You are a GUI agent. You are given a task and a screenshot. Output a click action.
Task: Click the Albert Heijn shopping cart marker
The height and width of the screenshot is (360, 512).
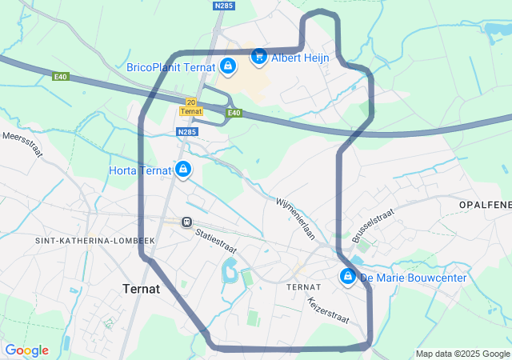(x=258, y=57)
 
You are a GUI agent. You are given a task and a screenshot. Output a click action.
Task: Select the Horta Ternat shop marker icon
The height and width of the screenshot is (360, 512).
(x=183, y=170)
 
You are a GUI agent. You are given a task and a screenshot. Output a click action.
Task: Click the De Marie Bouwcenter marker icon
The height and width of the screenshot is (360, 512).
(x=348, y=278)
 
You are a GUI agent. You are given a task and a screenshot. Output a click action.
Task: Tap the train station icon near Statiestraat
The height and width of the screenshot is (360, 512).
(x=186, y=222)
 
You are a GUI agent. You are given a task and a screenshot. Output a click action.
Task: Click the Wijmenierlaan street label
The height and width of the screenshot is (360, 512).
(x=296, y=219)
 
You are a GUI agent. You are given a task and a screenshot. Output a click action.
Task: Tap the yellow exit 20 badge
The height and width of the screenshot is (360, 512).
(x=190, y=102)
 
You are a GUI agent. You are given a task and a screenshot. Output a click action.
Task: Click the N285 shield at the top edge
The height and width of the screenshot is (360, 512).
(x=223, y=5)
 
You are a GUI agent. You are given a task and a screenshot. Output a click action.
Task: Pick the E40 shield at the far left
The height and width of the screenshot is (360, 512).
(x=61, y=77)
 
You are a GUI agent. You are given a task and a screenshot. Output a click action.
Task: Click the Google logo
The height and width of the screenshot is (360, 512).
(x=26, y=350)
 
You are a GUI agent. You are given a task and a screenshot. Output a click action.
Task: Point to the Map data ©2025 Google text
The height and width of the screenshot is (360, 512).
(x=462, y=354)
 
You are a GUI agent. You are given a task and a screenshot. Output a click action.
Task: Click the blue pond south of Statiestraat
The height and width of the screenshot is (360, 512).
(x=230, y=272)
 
